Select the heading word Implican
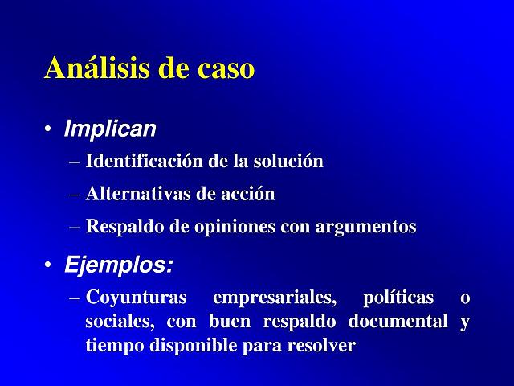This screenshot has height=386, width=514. pyautogui.click(x=110, y=129)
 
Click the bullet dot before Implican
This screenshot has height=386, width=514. pyautogui.click(x=49, y=130)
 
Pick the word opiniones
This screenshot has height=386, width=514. pyautogui.click(x=233, y=228)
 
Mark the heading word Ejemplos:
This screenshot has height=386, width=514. pyautogui.click(x=119, y=265)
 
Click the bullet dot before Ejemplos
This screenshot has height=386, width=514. pyautogui.click(x=49, y=265)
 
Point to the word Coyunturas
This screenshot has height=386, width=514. pyautogui.click(x=136, y=298)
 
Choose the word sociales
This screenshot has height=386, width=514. pyautogui.click(x=120, y=322)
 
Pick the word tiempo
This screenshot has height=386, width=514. pyautogui.click(x=112, y=347)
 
